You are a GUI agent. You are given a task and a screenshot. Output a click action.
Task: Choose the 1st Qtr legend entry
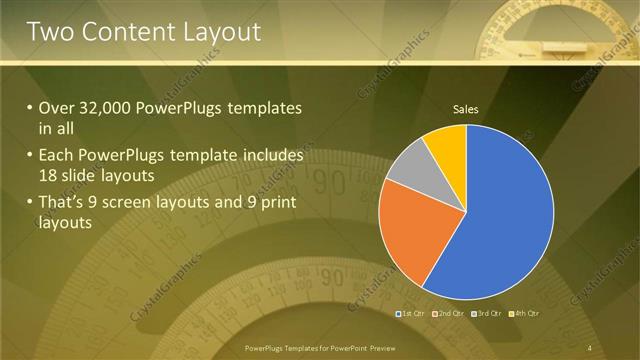coord(411,314)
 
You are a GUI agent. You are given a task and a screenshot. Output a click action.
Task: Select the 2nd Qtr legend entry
coord(449,314)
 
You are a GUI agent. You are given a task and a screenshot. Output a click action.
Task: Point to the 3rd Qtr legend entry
coord(487,314)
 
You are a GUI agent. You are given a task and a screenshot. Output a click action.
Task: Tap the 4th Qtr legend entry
coord(525,314)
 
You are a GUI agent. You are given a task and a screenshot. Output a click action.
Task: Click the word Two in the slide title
coord(50,32)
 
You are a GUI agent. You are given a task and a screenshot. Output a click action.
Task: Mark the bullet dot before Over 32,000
coord(30,108)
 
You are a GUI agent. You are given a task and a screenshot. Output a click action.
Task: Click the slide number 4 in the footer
coord(590,348)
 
